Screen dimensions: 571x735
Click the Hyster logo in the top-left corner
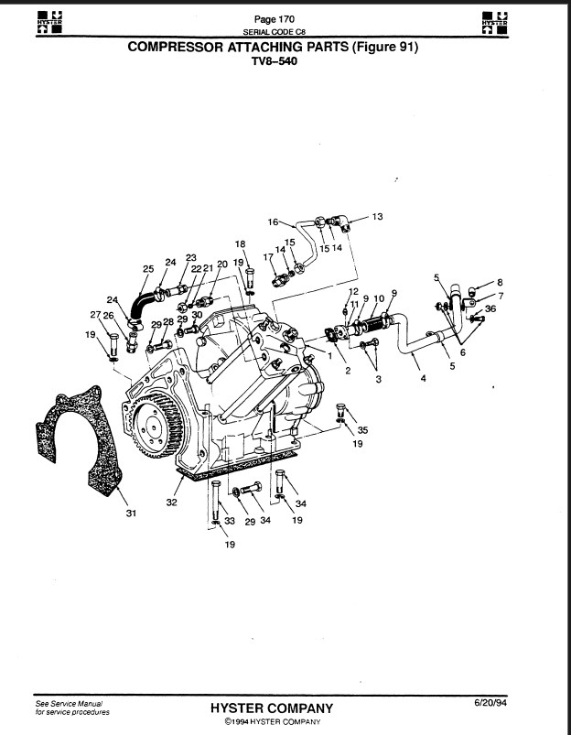point(49,23)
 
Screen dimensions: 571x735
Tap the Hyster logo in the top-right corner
point(495,23)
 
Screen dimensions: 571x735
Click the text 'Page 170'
point(275,19)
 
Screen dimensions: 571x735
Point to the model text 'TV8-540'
point(275,61)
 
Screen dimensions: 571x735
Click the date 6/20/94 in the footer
point(490,702)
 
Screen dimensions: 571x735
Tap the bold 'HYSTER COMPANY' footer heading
point(272,708)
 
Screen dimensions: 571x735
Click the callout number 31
point(131,513)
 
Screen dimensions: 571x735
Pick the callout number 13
point(377,217)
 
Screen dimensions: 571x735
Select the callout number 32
point(172,502)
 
